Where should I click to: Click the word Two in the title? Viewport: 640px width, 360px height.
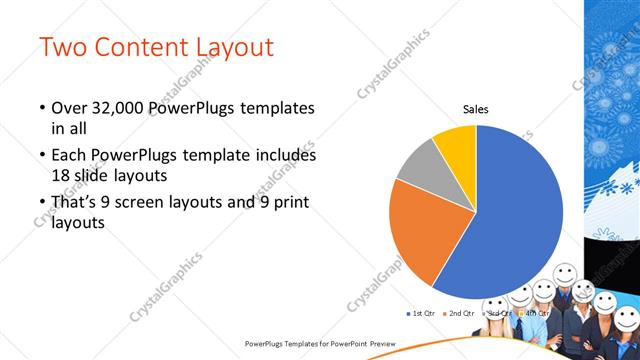pos(62,47)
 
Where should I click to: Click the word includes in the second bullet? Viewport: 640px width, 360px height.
pos(285,156)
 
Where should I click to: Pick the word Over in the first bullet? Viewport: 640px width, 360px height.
pos(68,108)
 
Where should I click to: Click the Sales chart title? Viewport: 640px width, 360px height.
pos(475,110)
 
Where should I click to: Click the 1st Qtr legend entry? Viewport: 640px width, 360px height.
pos(422,313)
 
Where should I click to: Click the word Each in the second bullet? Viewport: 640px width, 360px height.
pos(68,156)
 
